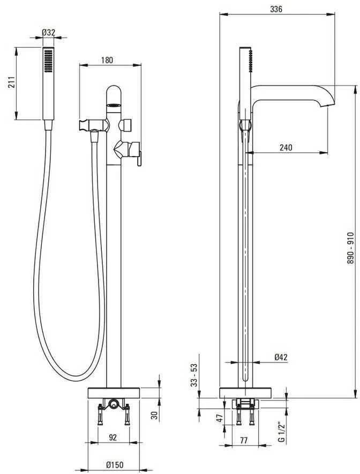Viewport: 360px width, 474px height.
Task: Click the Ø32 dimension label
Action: pos(48,32)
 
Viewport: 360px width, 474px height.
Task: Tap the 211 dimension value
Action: pos(11,82)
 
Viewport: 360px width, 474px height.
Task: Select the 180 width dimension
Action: pos(107,60)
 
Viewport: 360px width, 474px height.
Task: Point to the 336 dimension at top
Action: pos(276,9)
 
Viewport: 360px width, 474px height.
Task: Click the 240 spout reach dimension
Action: pos(286,147)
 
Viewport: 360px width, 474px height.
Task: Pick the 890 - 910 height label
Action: pos(350,248)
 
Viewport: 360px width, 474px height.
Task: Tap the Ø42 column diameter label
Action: pos(281,357)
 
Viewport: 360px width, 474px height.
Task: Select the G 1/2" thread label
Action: pos(281,433)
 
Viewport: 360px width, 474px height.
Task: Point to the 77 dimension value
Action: pos(243,440)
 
